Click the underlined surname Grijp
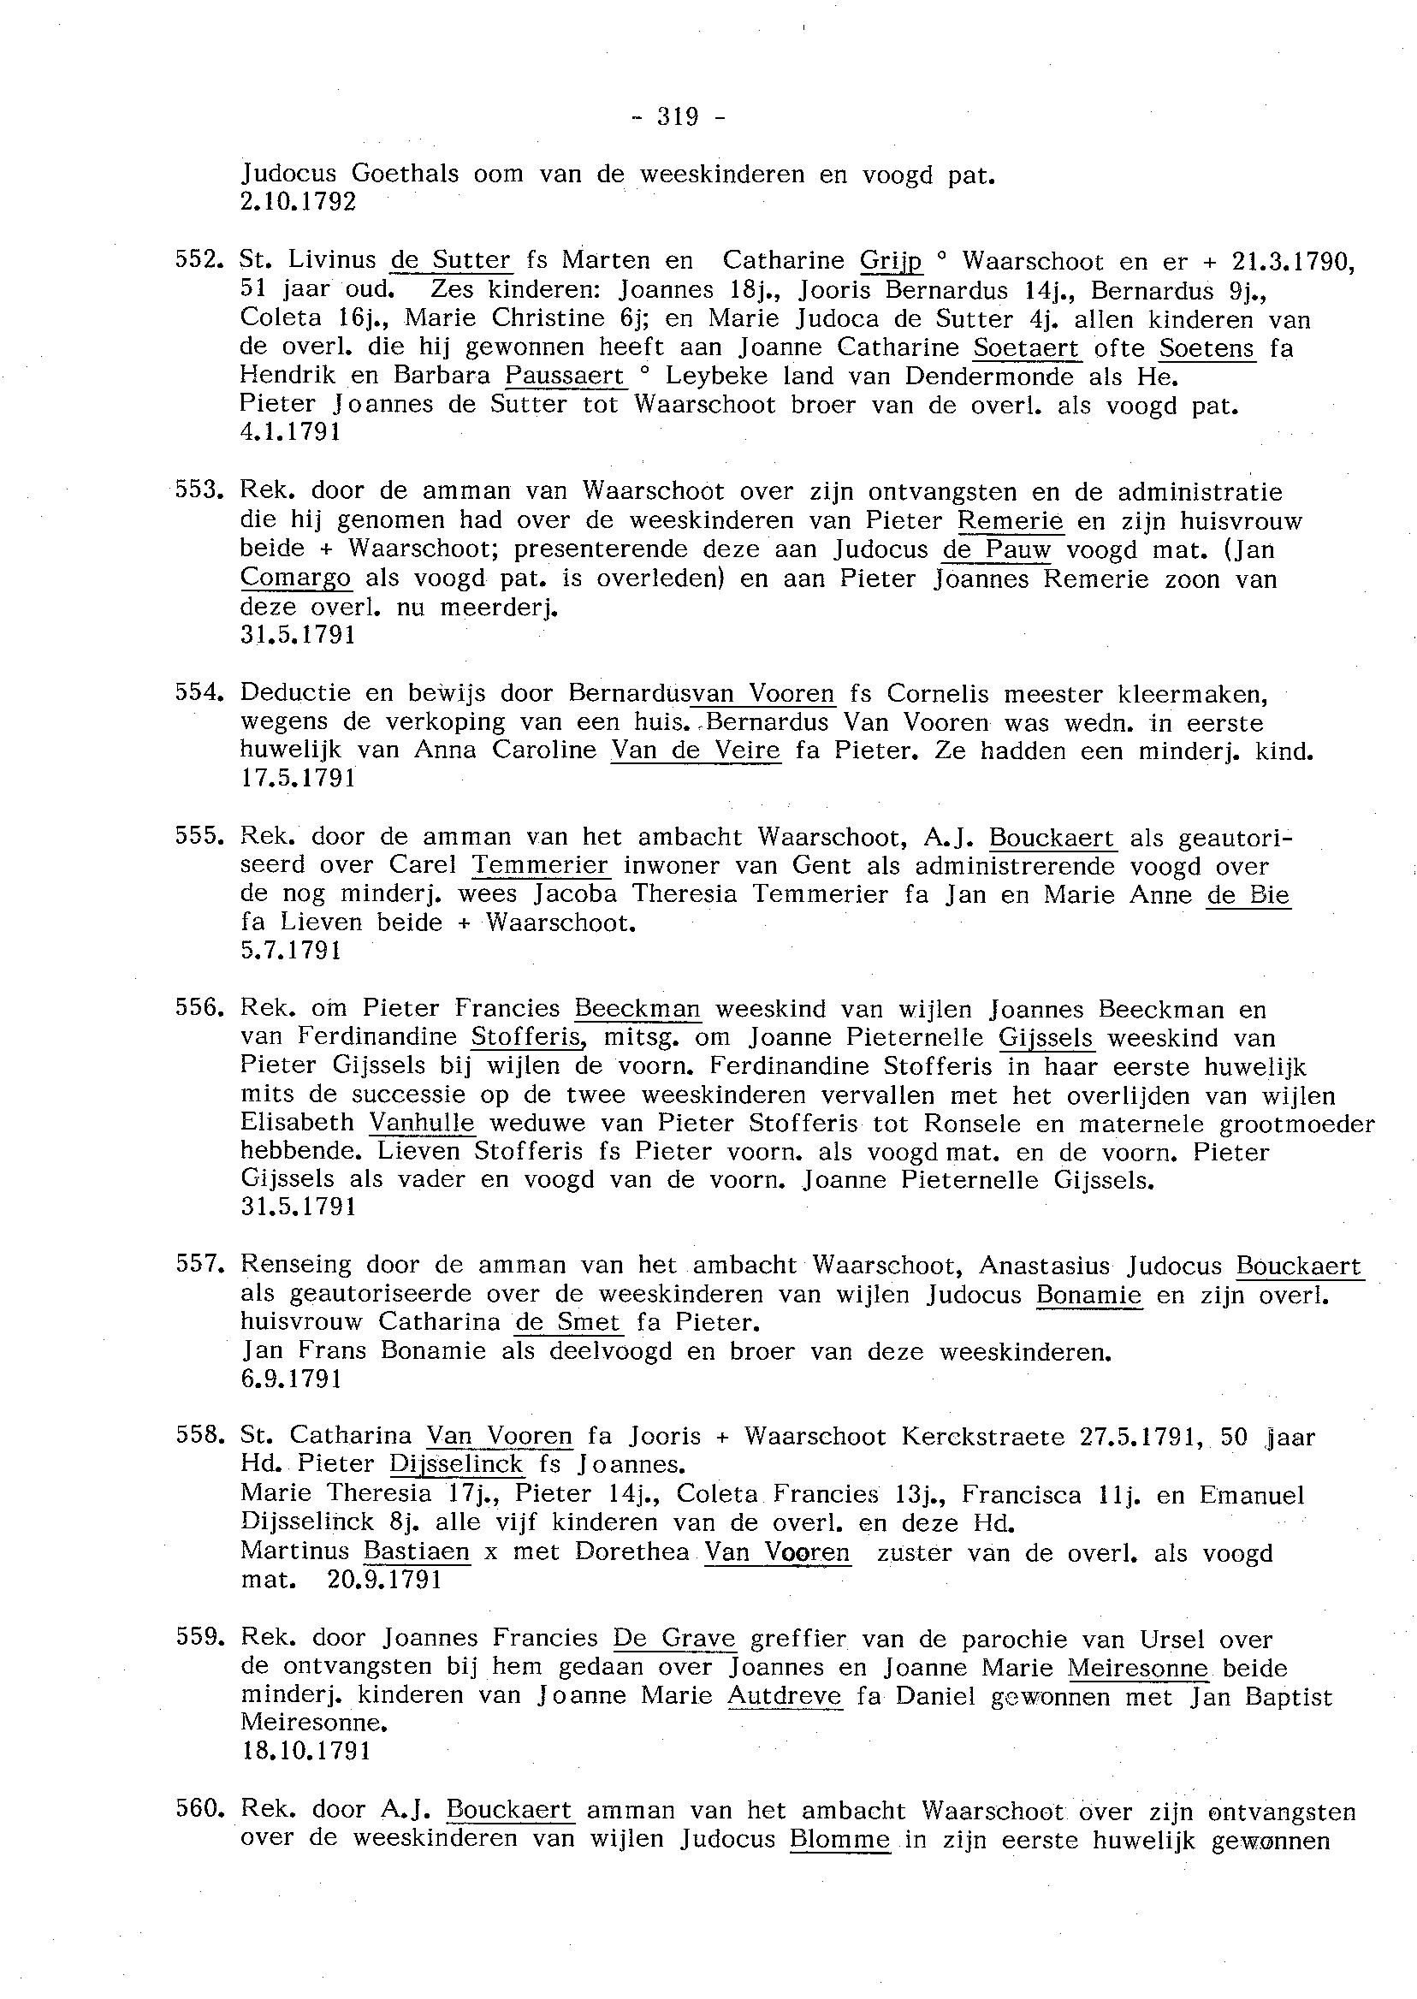(x=891, y=261)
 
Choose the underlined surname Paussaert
(x=566, y=376)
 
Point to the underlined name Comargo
(x=296, y=578)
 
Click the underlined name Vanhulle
(x=423, y=1123)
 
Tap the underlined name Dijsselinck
(x=456, y=1464)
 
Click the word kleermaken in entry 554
(x=1192, y=694)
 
